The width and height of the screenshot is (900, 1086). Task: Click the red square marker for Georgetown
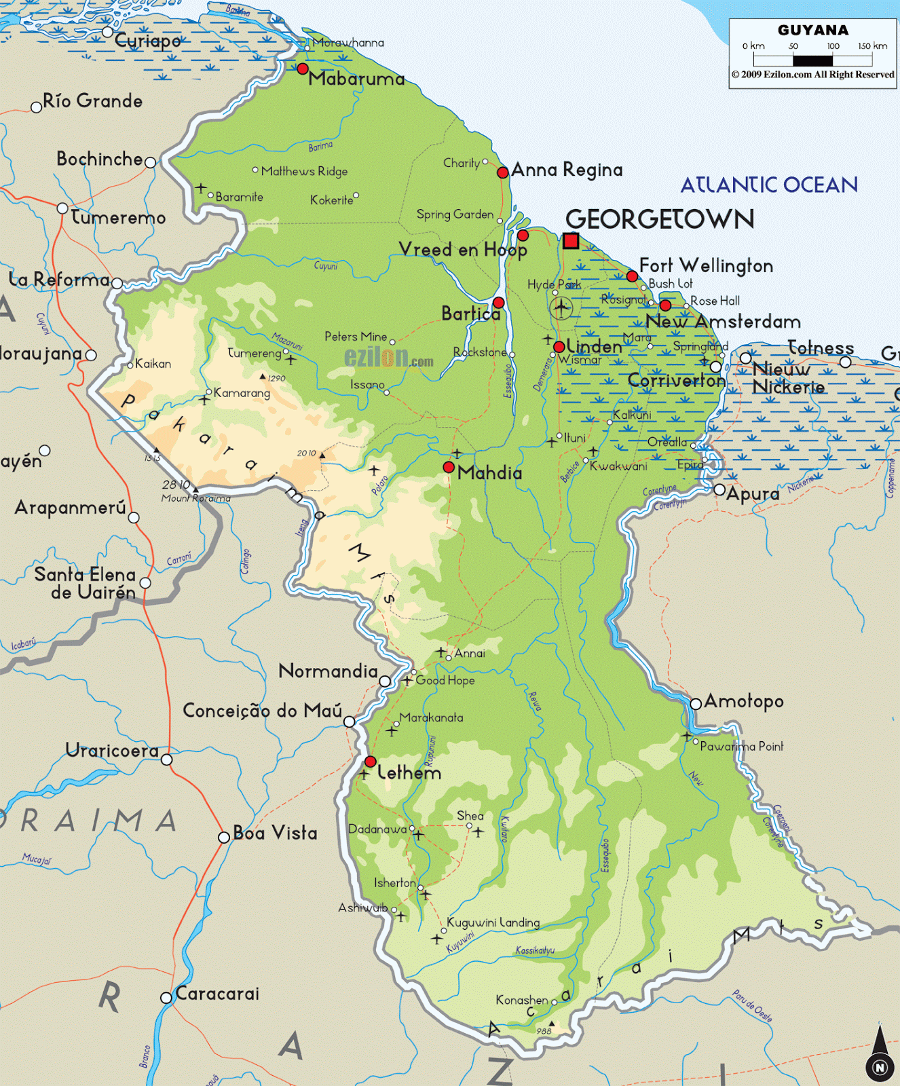click(x=571, y=240)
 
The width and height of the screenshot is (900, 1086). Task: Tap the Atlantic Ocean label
click(x=769, y=185)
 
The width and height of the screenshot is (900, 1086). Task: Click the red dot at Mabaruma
click(x=303, y=69)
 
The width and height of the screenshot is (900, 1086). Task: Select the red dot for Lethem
click(x=371, y=762)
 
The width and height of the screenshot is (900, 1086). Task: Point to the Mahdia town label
click(x=489, y=473)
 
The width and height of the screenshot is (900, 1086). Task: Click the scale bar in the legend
click(x=812, y=60)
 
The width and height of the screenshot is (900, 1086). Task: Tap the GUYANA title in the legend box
click(x=813, y=30)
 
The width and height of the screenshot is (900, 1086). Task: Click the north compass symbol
click(x=880, y=1059)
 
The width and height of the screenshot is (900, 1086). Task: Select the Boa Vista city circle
click(x=223, y=837)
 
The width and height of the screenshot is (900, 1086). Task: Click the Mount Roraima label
click(x=195, y=498)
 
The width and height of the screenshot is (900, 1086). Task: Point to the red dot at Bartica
click(x=498, y=303)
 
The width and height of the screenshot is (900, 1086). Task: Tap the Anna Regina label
click(x=567, y=170)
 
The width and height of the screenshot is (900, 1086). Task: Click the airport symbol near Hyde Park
click(x=561, y=307)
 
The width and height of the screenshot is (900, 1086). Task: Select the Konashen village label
click(x=521, y=1000)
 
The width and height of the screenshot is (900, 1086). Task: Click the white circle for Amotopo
click(x=696, y=704)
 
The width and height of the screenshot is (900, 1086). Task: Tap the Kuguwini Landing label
click(x=493, y=922)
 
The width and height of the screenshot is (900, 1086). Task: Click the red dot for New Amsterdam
click(x=665, y=305)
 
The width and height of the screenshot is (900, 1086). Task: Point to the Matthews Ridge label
click(x=304, y=171)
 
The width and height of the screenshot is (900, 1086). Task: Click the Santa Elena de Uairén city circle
click(x=145, y=583)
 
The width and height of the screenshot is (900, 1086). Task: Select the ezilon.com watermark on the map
click(x=388, y=357)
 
